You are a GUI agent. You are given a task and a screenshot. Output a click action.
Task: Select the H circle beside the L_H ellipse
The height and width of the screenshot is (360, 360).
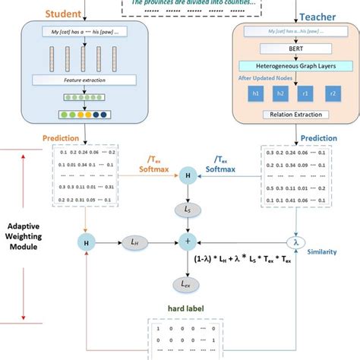(84, 242)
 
